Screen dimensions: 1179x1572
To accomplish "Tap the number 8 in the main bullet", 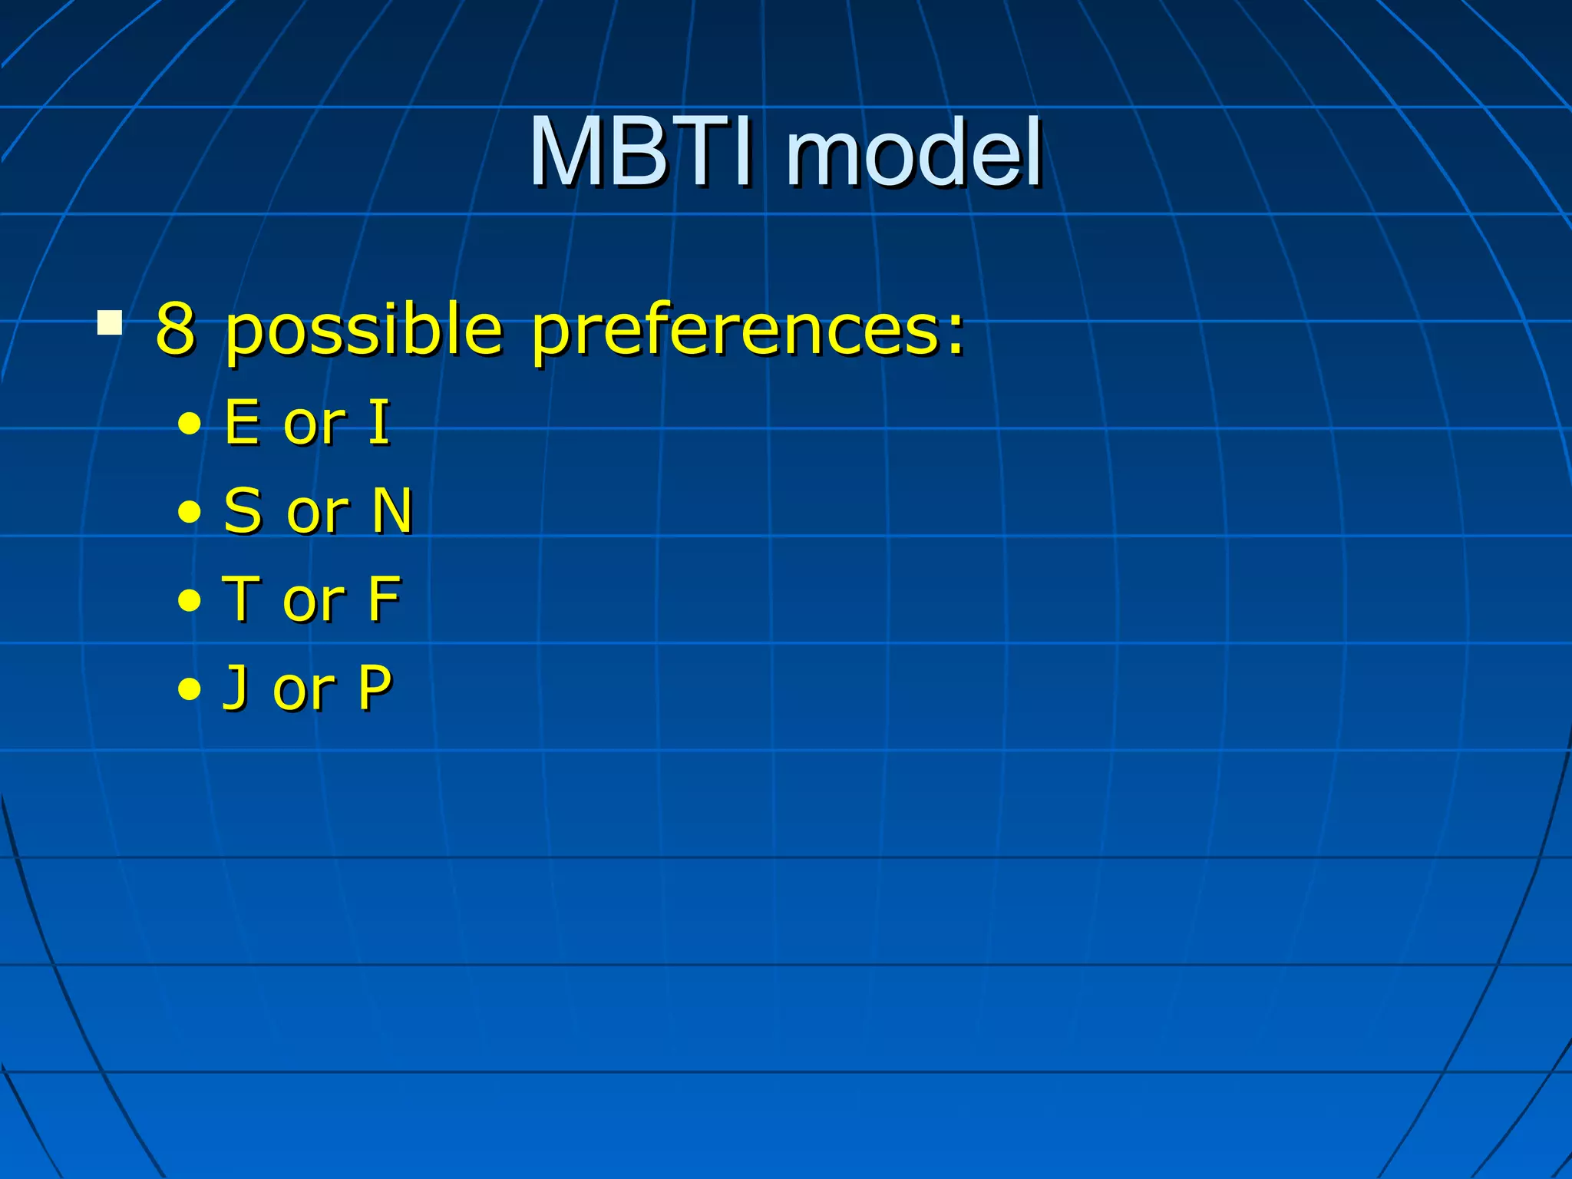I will (175, 329).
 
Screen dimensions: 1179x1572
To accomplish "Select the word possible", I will (364, 332).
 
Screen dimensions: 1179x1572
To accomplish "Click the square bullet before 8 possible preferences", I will (110, 322).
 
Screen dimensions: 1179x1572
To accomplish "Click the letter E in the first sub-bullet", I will (242, 422).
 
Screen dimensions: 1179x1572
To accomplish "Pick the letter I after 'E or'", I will (379, 422).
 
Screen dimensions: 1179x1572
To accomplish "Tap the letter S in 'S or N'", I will (243, 510).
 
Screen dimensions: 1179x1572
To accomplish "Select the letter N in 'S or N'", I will (392, 510).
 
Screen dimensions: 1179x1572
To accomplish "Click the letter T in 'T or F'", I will (240, 599).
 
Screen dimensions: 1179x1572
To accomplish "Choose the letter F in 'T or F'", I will (384, 599).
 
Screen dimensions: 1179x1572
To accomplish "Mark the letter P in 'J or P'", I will (375, 687).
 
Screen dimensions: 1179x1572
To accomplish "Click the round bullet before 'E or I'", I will (189, 424).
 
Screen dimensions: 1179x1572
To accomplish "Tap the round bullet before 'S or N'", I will (189, 513).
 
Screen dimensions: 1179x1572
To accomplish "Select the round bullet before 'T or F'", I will (189, 601).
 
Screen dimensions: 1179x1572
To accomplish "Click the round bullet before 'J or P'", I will (189, 689).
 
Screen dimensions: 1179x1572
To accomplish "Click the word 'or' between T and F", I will (313, 603).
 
